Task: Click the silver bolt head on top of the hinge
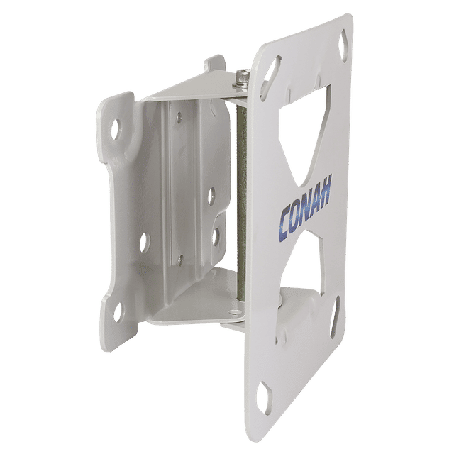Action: [242, 76]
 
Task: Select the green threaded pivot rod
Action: [241, 203]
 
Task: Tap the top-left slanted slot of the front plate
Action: [270, 77]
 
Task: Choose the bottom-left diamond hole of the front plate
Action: [267, 395]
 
